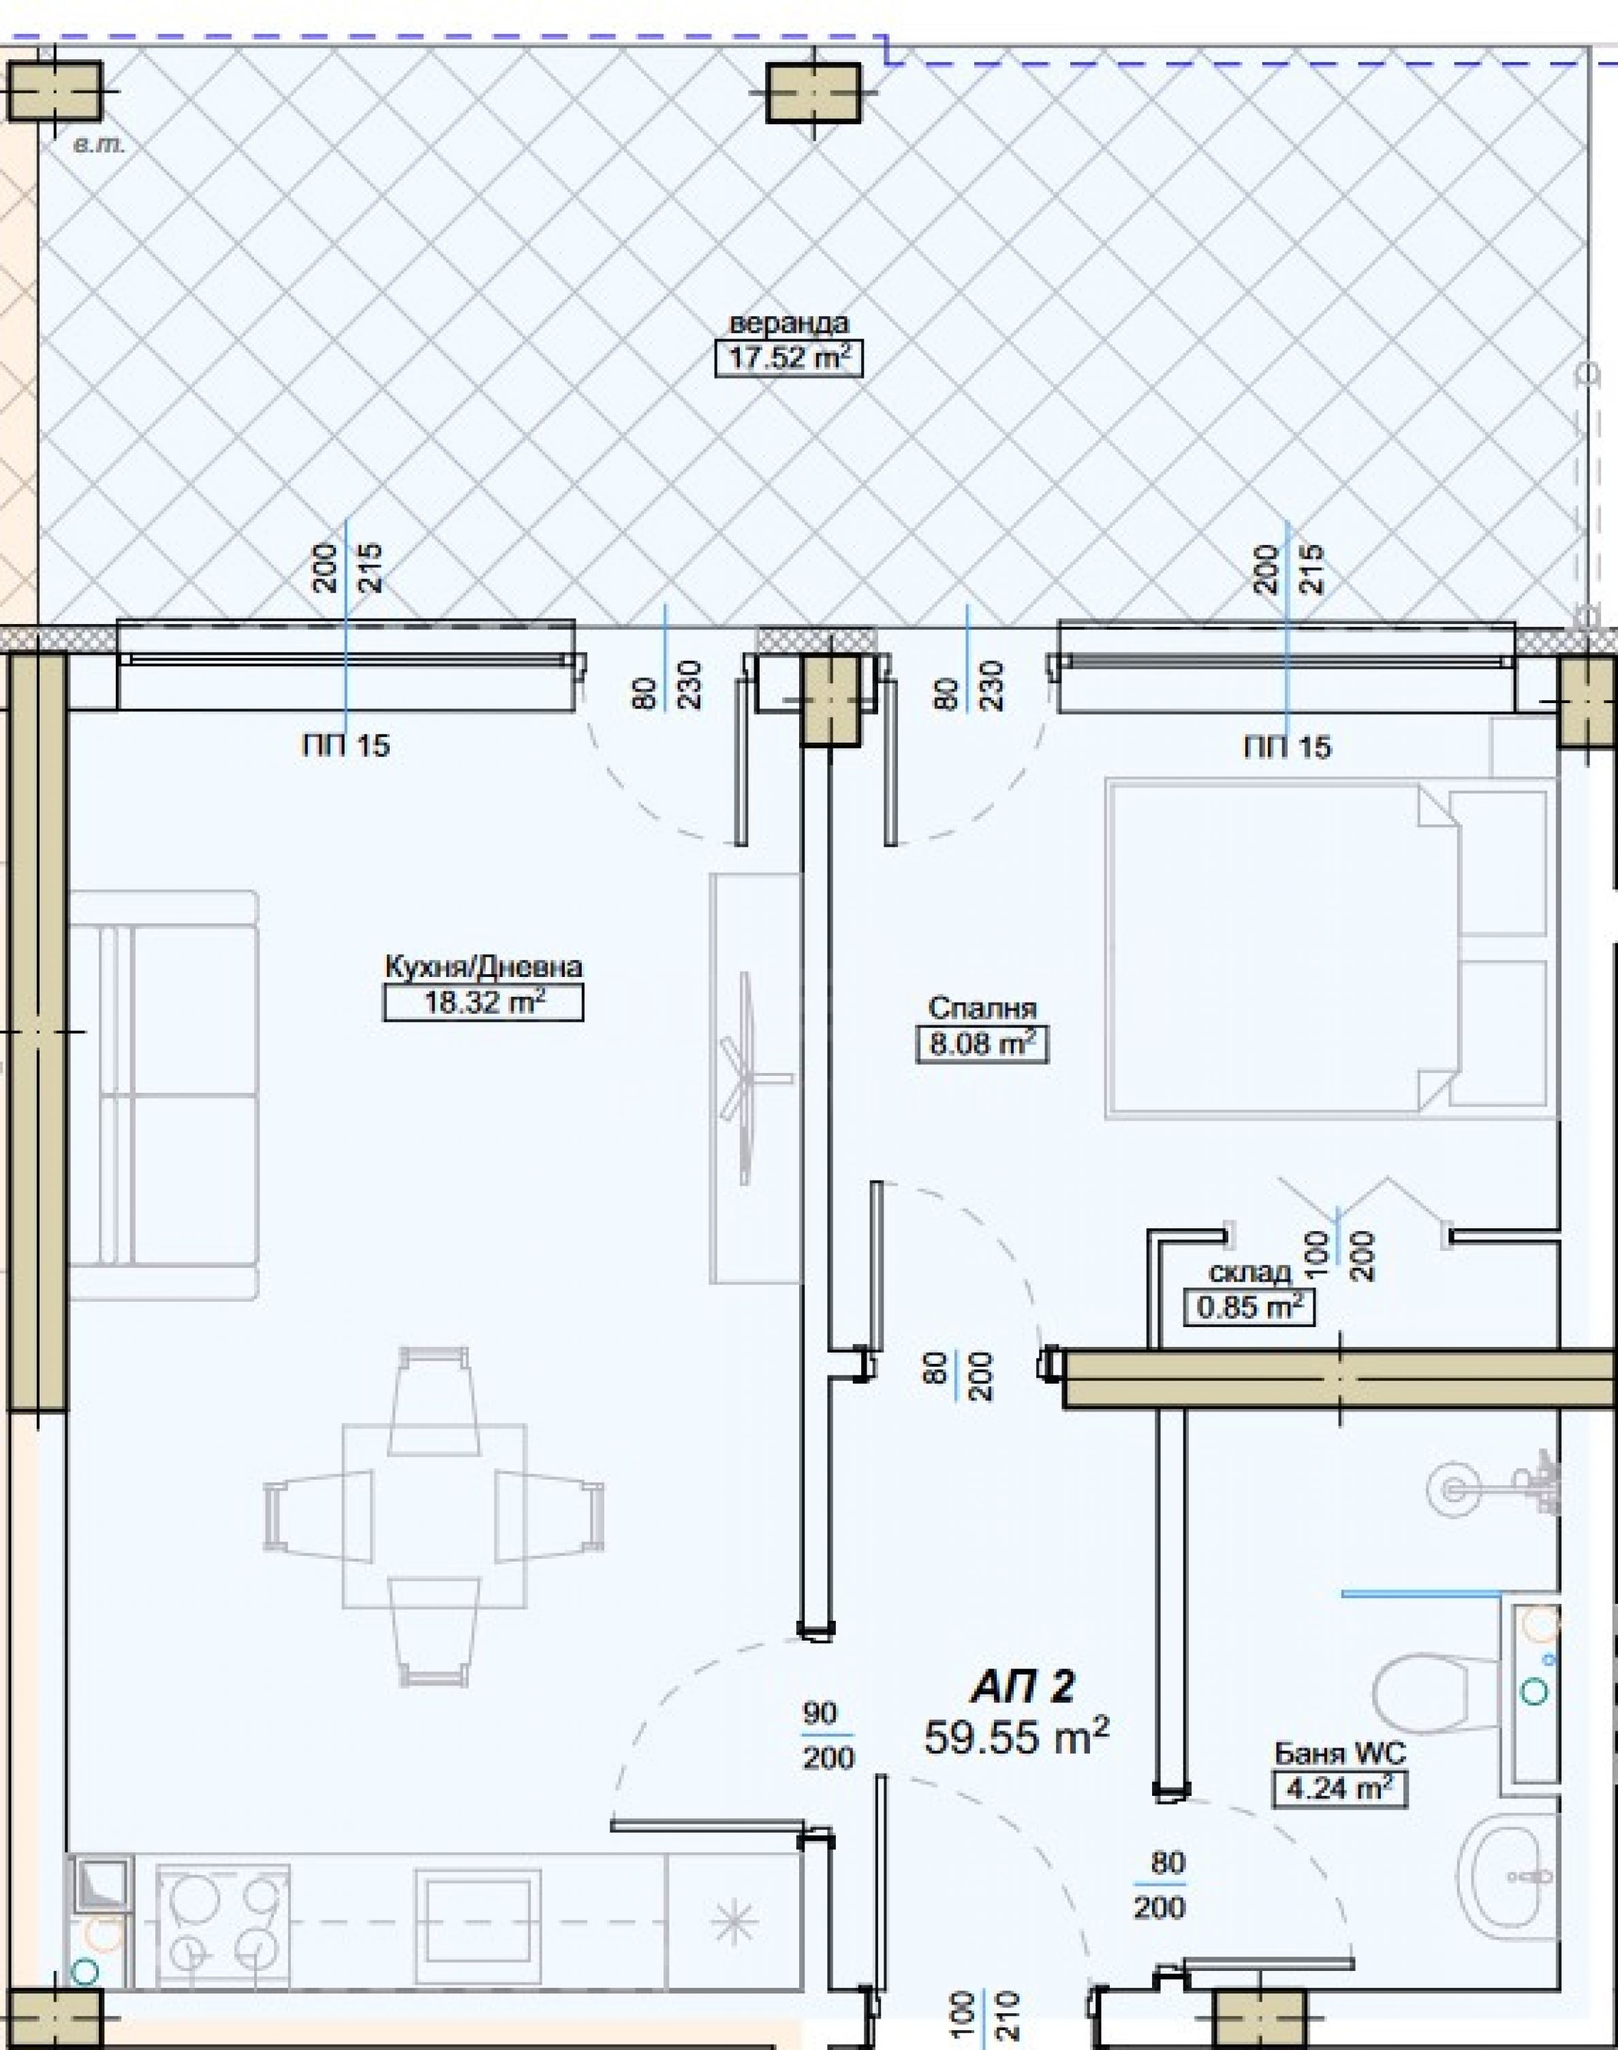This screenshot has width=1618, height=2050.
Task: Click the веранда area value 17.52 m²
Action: pos(788,359)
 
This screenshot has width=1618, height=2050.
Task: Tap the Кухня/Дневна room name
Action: pos(483,967)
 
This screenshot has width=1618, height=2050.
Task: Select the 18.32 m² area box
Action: pos(483,1002)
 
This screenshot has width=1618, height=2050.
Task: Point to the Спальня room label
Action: pos(982,1008)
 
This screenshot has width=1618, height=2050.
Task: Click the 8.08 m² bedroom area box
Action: pos(982,1044)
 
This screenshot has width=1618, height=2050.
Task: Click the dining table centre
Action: pos(434,1516)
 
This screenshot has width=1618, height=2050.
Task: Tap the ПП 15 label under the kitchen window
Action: pos(346,745)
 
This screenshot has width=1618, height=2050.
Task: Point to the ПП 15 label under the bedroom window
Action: pos(1288,747)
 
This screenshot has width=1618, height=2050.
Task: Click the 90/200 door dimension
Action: pos(828,1735)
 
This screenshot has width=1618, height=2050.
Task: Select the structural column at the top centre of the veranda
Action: pos(813,93)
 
